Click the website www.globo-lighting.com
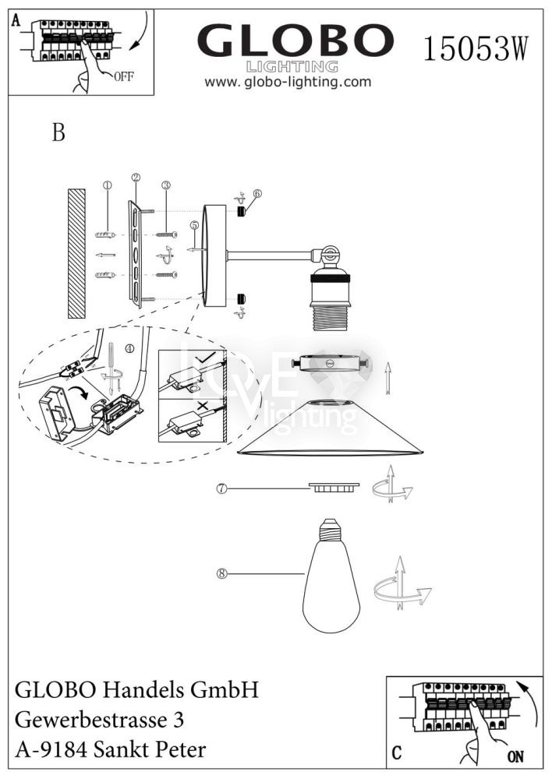[288, 82]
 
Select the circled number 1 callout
[108, 185]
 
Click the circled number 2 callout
[136, 178]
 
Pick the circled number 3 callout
[165, 185]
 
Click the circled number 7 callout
[222, 488]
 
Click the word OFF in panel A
[125, 76]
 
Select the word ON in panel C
[515, 756]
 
